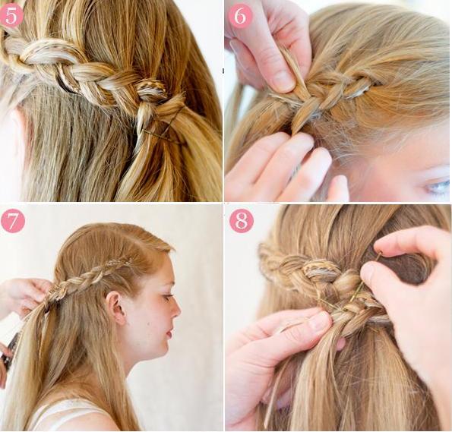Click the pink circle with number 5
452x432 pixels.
[11, 16]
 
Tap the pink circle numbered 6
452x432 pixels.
[240, 15]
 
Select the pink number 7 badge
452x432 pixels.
[13, 221]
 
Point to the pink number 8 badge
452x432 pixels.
[242, 221]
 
